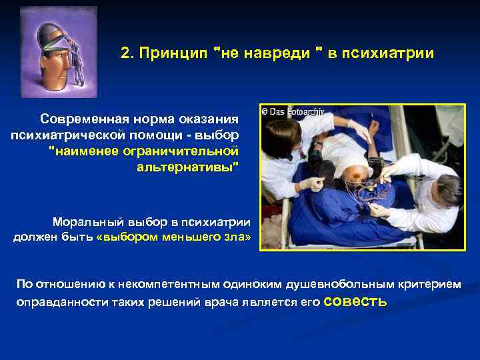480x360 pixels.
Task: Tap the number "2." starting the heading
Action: (x=128, y=53)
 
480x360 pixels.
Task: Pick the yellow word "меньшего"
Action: (x=193, y=237)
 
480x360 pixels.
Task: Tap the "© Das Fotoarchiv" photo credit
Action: (x=292, y=112)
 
